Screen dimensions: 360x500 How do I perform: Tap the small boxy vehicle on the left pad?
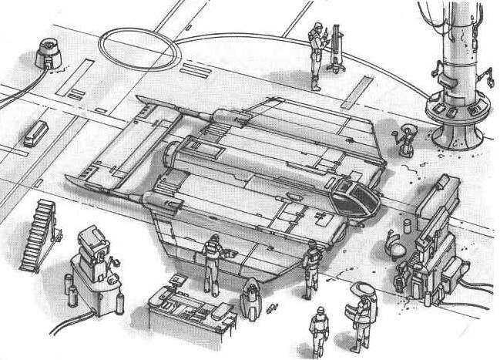35,133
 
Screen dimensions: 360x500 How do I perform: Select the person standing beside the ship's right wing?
310,266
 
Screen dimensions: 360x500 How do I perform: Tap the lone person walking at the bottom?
317,331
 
